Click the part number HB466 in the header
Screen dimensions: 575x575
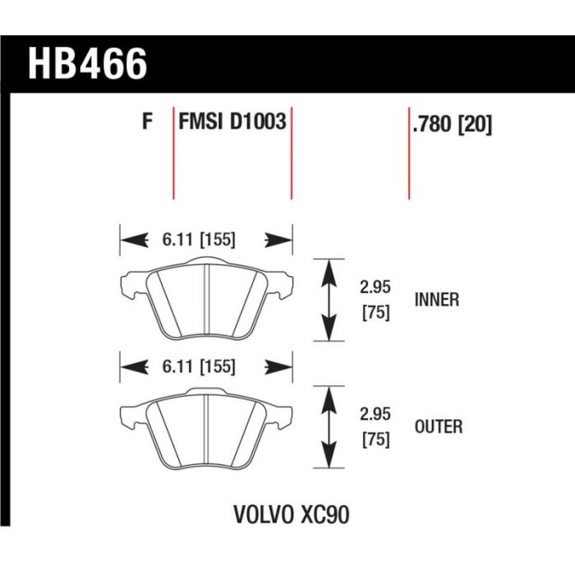(x=88, y=64)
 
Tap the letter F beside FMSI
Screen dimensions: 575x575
(x=147, y=121)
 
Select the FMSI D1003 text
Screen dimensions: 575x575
(x=232, y=121)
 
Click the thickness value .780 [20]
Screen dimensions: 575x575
(x=452, y=124)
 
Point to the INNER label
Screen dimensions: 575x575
(x=437, y=300)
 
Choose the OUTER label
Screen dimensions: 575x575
(x=439, y=426)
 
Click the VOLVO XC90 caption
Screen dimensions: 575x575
(x=292, y=514)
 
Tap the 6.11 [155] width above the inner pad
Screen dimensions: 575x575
(x=199, y=240)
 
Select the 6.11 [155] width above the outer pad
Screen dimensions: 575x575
(x=199, y=366)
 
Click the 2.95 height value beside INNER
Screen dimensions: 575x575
(x=375, y=287)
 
